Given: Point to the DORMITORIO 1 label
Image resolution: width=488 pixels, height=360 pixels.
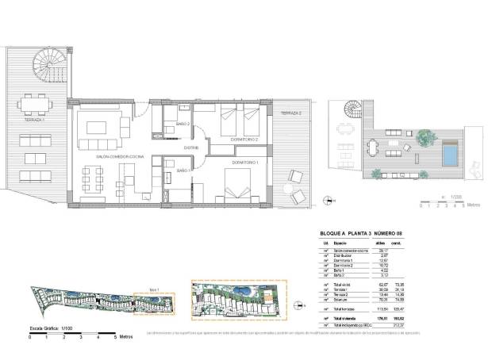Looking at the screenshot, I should (x=246, y=163).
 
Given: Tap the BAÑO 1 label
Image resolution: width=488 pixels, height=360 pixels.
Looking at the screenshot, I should (x=183, y=170).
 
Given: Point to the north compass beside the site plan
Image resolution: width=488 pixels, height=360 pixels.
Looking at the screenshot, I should (x=299, y=303).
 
